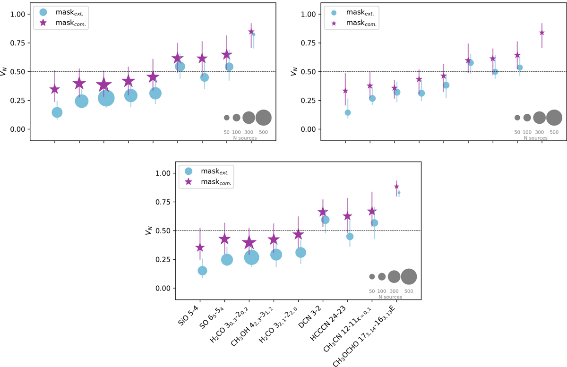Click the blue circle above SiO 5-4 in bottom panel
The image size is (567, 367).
tap(202, 271)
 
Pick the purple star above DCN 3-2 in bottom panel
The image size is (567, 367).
tap(323, 212)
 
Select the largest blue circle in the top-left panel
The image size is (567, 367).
tap(106, 98)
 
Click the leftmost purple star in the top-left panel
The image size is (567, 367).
tap(55, 89)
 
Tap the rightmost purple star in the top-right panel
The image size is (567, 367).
tap(542, 33)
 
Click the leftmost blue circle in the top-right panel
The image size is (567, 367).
tap(348, 112)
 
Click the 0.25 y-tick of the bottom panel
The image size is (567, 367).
tap(163, 259)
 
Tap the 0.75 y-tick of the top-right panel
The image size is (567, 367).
tap(309, 43)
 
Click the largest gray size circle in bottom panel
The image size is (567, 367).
tap(409, 277)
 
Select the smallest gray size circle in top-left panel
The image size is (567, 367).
tap(226, 118)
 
